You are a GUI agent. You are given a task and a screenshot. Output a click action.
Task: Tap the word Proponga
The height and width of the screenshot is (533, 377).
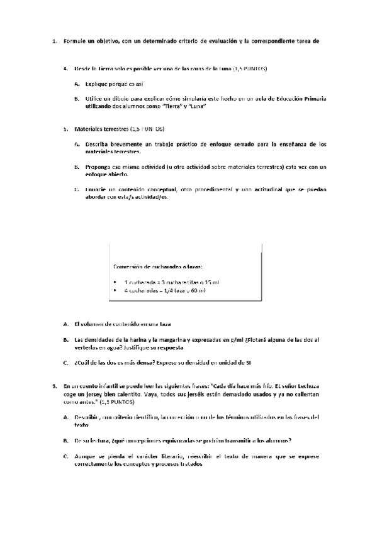click(99, 167)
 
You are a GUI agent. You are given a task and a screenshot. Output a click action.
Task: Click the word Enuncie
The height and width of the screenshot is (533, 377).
click(97, 189)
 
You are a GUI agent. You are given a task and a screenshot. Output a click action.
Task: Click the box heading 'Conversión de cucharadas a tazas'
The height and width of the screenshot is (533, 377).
click(158, 266)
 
